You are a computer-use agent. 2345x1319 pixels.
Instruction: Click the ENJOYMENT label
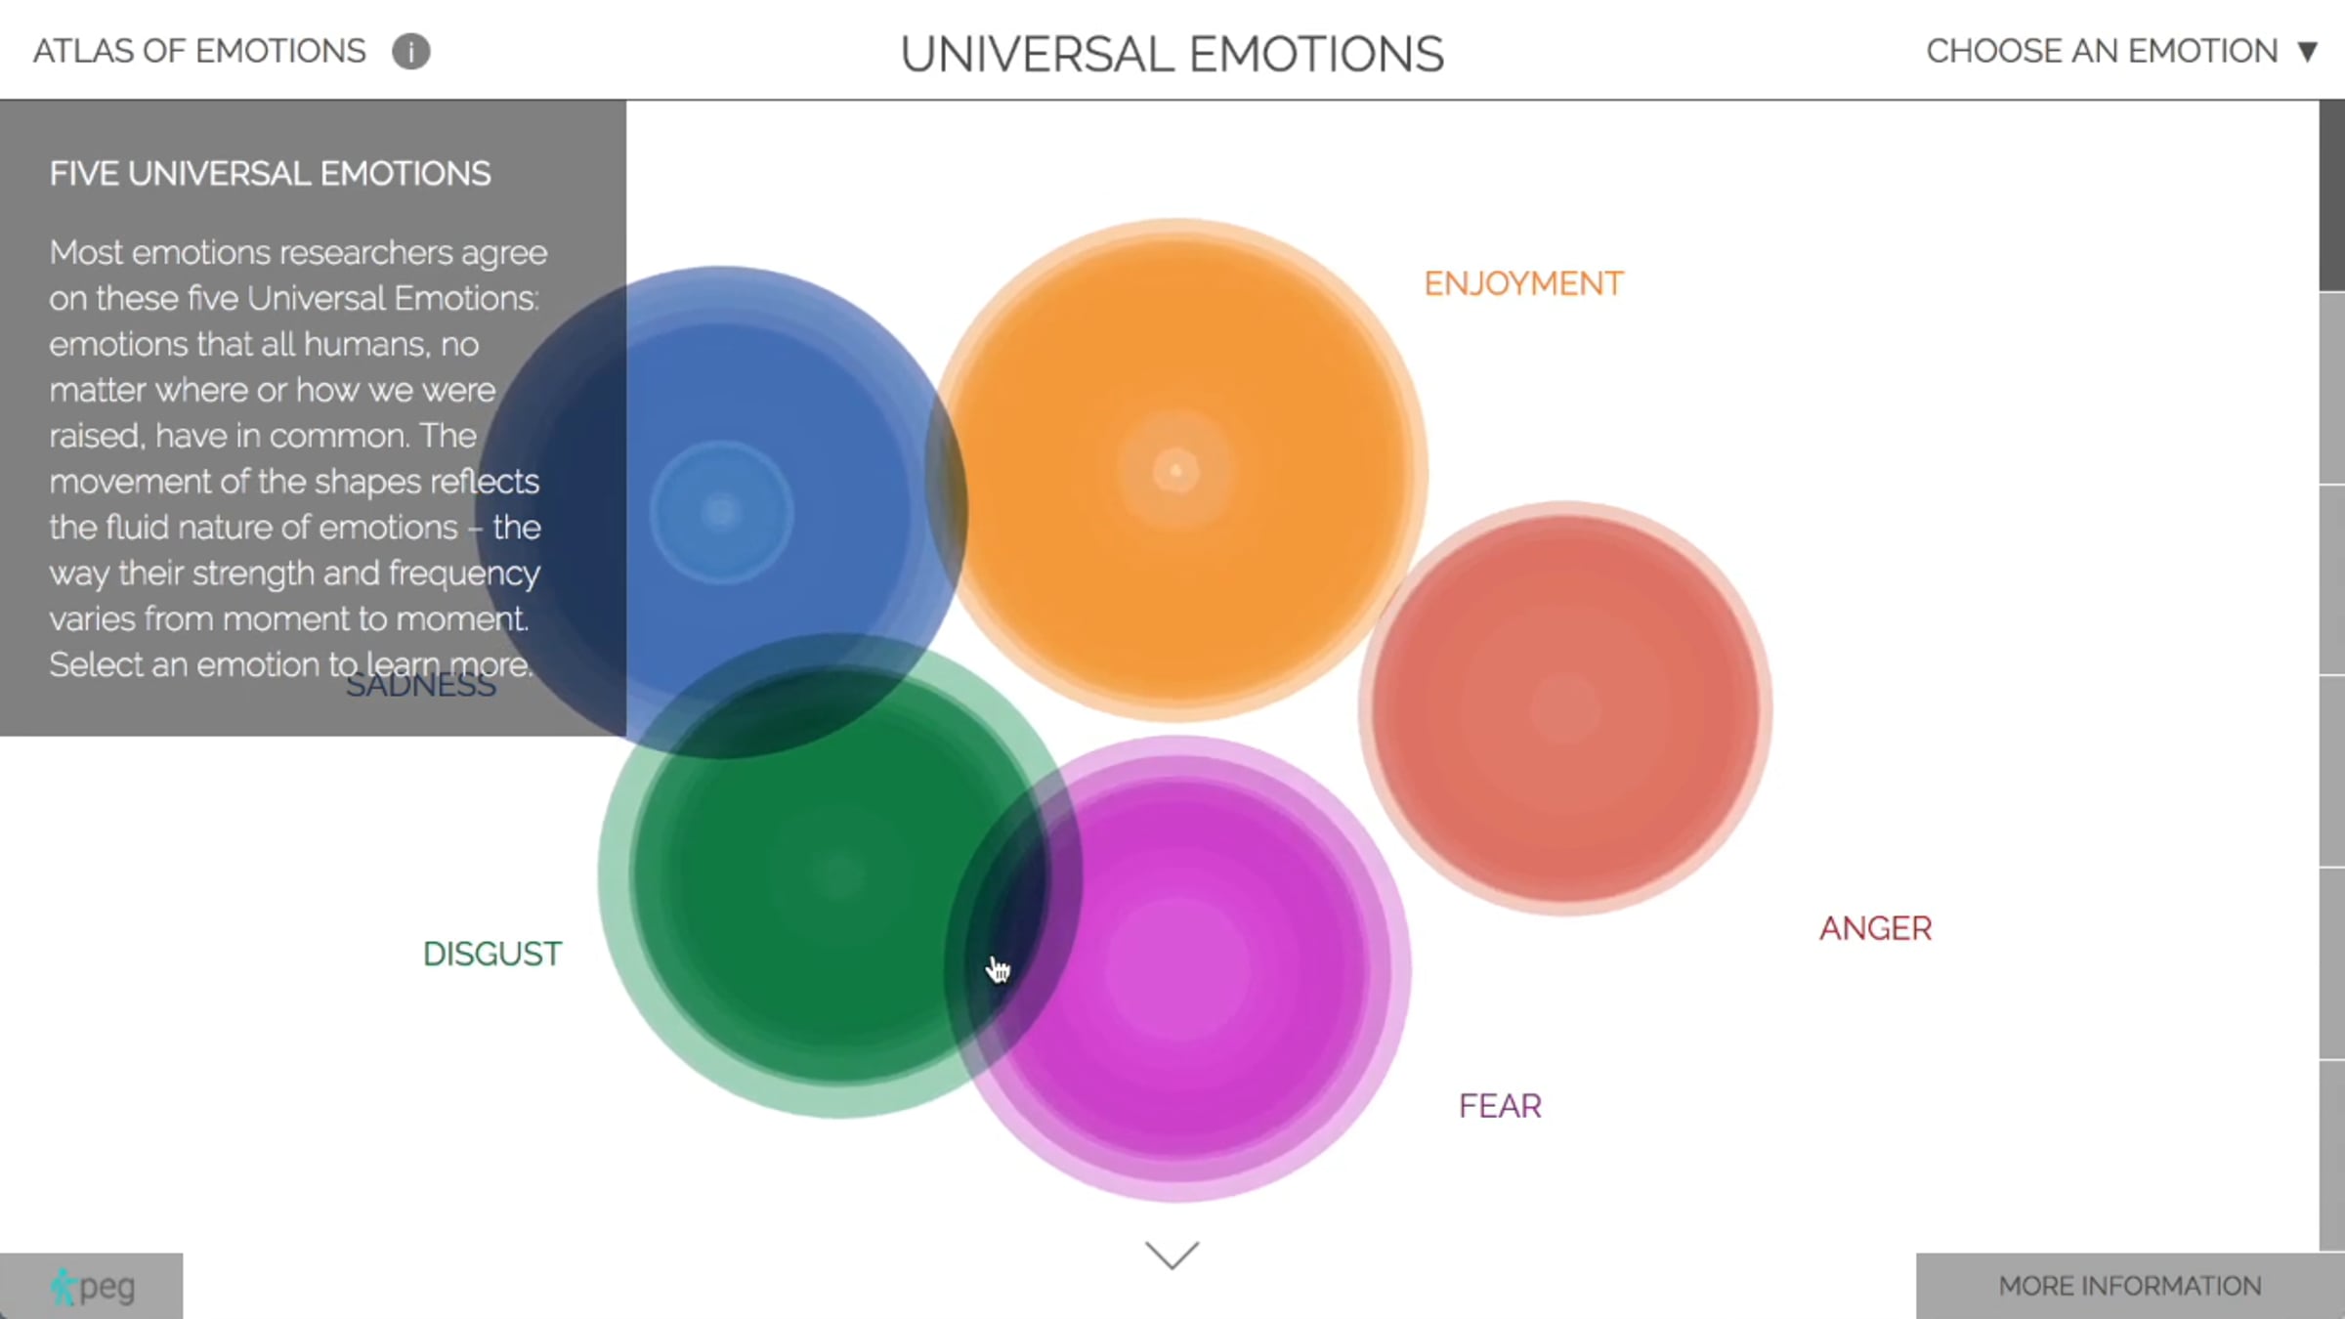1523,284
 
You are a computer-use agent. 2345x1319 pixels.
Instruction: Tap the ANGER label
1875,928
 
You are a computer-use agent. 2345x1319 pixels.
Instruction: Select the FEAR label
1500,1106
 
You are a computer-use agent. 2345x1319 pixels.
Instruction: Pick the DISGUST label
492,954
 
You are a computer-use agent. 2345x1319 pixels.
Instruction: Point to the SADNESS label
421,686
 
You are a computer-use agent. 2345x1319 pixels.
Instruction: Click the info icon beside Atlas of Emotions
411,52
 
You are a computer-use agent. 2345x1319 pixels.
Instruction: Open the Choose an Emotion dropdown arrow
2308,52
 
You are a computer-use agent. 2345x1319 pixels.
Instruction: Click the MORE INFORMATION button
2130,1286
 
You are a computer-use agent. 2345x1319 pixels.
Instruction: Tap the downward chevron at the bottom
1172,1255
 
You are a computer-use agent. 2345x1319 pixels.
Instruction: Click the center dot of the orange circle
1175,472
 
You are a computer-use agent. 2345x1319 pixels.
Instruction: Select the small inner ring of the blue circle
721,511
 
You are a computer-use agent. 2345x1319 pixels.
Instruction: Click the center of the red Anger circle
1565,710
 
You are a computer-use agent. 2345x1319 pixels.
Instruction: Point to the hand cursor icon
998,969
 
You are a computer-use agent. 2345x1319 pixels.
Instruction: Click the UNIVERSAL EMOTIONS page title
1172,54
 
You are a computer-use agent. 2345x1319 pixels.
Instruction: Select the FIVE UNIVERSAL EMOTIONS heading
271,174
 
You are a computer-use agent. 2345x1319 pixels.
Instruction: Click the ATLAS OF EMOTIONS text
199,51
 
